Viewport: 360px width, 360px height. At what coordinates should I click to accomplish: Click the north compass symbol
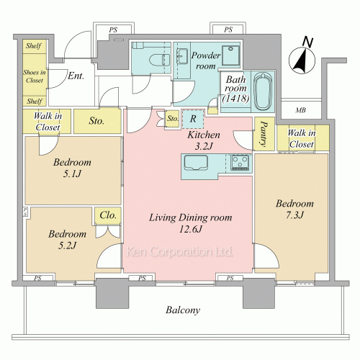coord(302,60)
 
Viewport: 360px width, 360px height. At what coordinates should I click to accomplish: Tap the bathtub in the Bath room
coord(263,91)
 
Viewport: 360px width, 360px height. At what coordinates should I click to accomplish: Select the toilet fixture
coord(159,60)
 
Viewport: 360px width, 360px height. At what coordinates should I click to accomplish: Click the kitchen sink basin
coord(196,163)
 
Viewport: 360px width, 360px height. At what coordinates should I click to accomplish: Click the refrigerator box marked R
coord(193,119)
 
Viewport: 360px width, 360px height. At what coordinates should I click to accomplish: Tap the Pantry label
coord(264,134)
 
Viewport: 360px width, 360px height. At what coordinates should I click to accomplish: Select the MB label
coord(300,110)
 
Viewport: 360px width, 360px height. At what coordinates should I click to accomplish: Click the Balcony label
coord(183,310)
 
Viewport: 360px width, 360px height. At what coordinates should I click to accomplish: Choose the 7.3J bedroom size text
coord(294,215)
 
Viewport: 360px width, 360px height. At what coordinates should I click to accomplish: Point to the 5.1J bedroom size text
coord(72,174)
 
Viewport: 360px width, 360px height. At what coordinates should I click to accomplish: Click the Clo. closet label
coord(108,215)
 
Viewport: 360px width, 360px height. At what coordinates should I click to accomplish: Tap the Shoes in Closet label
coord(35,76)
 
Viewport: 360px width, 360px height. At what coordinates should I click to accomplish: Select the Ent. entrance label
coord(76,76)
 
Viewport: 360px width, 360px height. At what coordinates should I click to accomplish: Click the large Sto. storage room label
coord(96,121)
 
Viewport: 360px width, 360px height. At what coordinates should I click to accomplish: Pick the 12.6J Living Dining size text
coord(191,229)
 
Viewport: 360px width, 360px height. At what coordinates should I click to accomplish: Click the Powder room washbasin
coord(182,56)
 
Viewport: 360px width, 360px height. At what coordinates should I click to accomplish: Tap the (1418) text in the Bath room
coord(235,98)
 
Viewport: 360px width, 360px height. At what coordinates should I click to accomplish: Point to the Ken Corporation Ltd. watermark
coord(179,251)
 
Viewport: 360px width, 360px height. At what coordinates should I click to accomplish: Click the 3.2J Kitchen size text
coord(204,146)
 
